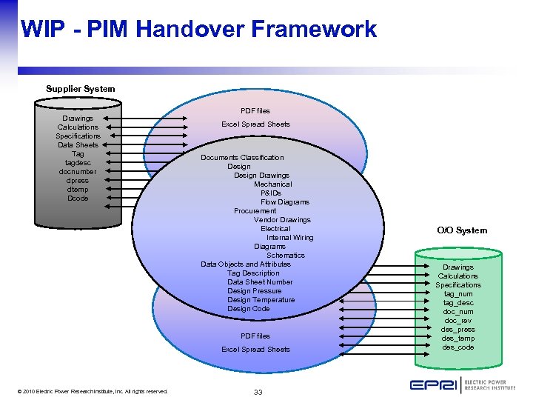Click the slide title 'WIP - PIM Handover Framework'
point(198,30)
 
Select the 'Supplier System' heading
point(80,89)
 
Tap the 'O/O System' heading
point(462,230)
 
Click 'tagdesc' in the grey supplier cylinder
point(78,163)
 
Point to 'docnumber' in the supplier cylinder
point(78,172)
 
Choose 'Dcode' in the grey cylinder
point(78,199)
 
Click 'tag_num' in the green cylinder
point(457,294)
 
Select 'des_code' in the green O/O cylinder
point(457,347)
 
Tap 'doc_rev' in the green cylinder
point(457,321)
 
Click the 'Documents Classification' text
point(242,158)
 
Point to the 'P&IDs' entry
point(271,193)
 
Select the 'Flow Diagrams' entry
point(284,202)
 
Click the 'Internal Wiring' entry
point(289,238)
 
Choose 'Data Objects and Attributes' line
point(245,264)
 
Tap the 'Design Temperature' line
point(261,300)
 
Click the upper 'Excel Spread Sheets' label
point(255,124)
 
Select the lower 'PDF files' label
point(255,336)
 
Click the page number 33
point(258,392)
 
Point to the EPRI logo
point(462,384)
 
